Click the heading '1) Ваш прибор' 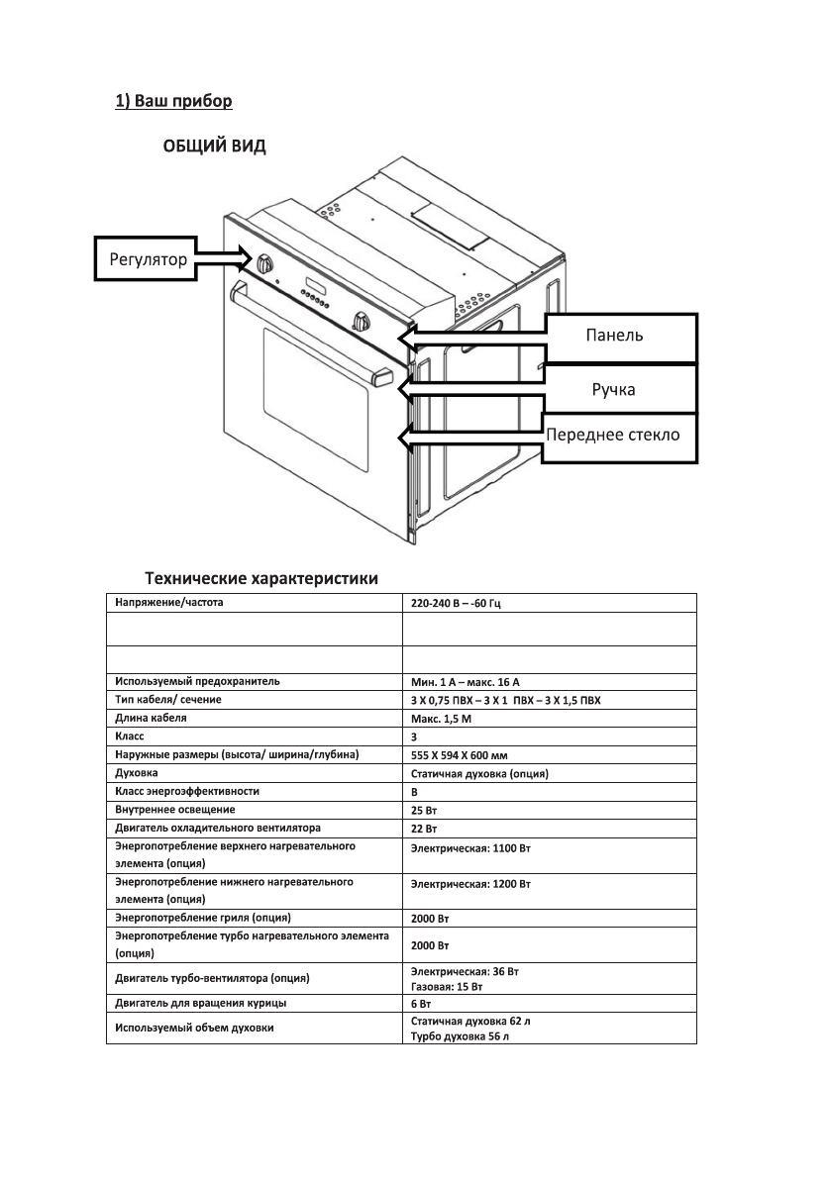click(x=173, y=101)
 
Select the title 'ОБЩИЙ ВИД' click(x=214, y=147)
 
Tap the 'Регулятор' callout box click(x=147, y=260)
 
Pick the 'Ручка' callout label click(x=613, y=389)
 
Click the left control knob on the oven click(x=264, y=264)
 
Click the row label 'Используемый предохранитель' click(x=197, y=681)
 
